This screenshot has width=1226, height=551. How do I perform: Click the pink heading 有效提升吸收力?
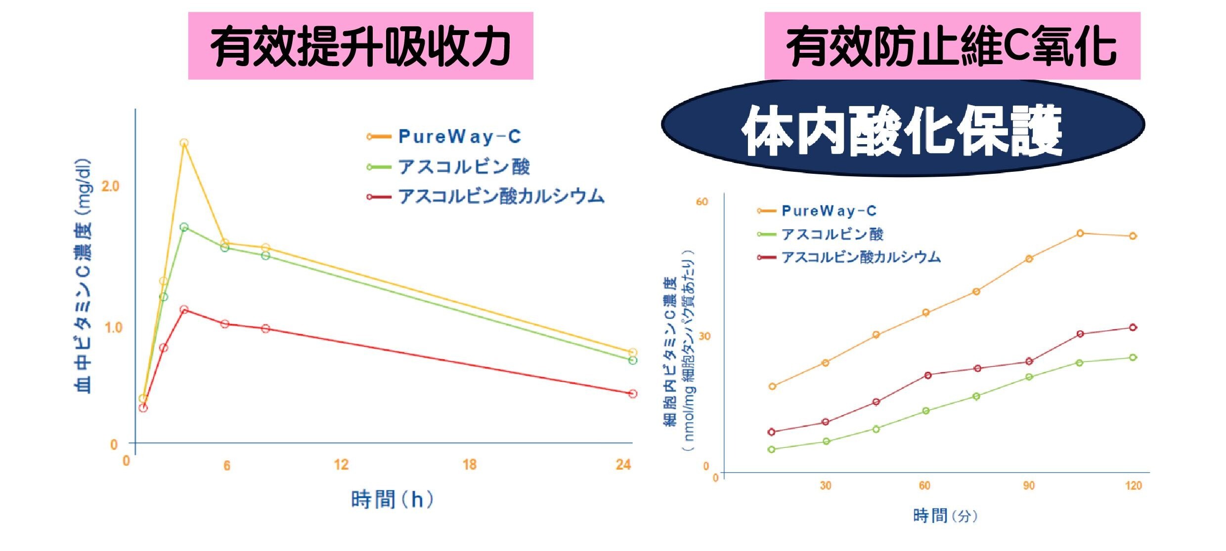[360, 46]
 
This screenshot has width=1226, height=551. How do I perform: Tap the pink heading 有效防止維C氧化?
[952, 46]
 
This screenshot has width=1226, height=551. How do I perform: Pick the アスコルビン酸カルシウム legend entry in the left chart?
[500, 197]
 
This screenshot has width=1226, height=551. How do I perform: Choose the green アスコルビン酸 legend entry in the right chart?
[832, 234]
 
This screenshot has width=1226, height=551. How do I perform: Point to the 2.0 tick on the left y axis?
[110, 186]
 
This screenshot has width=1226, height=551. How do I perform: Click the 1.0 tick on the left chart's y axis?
[113, 327]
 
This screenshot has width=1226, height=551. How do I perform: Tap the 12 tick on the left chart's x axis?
[341, 465]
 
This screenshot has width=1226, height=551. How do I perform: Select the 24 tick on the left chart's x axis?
[623, 465]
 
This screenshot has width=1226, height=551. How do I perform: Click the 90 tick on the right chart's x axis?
[1029, 486]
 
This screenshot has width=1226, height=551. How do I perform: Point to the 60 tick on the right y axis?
[702, 201]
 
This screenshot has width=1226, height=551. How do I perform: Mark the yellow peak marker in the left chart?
[184, 143]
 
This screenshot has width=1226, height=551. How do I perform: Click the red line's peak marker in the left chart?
[184, 310]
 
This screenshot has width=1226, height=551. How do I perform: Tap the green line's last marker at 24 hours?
[633, 360]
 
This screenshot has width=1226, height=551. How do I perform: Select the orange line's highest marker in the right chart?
[1080, 233]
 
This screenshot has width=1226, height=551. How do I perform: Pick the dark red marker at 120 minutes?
[1133, 327]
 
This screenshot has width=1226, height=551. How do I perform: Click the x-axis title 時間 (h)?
[392, 500]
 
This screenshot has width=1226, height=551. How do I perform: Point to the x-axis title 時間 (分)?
[945, 516]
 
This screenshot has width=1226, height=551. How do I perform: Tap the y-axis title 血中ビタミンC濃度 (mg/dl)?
[83, 276]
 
